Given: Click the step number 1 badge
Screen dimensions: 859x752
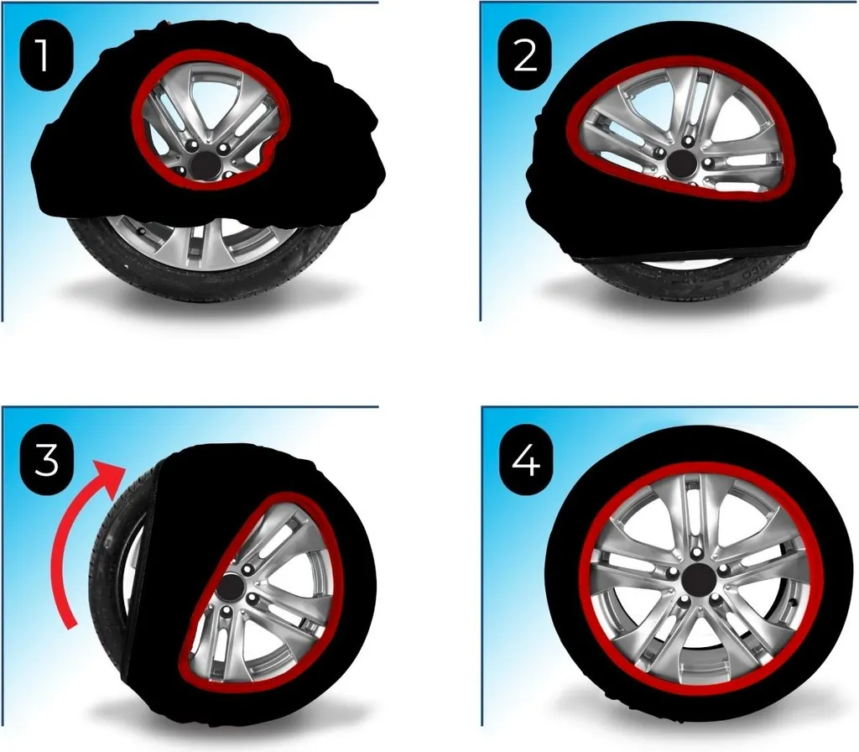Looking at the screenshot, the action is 46,56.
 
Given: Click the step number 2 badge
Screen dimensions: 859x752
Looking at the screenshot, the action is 525,56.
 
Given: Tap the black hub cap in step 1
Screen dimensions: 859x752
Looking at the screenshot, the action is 206,164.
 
